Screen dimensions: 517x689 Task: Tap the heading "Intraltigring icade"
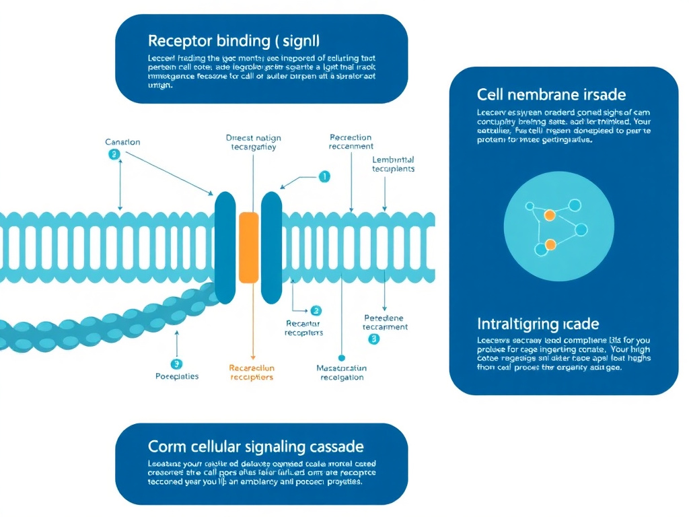click(538, 324)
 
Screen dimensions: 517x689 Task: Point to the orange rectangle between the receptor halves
click(248, 246)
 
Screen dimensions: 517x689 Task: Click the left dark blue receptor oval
click(225, 247)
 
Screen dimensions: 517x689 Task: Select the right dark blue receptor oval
click(271, 247)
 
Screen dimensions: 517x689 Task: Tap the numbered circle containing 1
click(324, 177)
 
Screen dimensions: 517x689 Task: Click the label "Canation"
click(122, 142)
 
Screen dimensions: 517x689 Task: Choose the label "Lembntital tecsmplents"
click(393, 164)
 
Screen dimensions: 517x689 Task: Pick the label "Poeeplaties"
click(177, 376)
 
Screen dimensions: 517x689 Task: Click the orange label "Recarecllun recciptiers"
click(252, 373)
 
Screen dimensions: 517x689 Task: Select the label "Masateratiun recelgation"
click(341, 373)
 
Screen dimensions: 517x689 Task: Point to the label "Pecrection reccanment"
click(351, 141)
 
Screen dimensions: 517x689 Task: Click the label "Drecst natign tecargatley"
click(254, 142)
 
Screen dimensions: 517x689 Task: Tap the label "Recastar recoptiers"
click(303, 328)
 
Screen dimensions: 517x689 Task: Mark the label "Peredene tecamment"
click(385, 322)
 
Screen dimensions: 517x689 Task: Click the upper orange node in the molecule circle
click(549, 215)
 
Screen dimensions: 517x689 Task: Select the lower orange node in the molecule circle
click(550, 244)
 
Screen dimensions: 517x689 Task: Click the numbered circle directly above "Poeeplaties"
click(176, 364)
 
